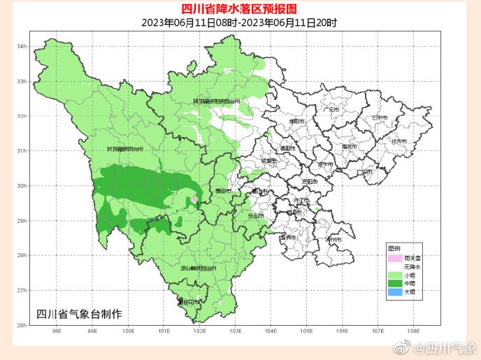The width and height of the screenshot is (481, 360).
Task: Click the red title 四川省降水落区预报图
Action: click(239, 9)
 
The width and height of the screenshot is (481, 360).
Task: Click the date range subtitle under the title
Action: click(239, 22)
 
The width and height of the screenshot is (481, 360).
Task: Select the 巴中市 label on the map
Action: click(380, 117)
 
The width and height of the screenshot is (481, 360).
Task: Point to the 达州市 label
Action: click(399, 141)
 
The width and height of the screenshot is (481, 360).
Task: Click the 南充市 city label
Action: click(349, 147)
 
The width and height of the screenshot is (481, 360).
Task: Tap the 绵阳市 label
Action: click(296, 121)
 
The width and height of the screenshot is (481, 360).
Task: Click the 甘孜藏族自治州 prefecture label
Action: click(125, 149)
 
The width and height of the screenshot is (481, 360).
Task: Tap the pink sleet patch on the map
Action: click(194, 200)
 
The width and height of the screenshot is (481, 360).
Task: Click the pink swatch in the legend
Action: click(396, 258)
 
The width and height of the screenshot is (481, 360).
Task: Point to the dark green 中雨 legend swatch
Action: click(396, 283)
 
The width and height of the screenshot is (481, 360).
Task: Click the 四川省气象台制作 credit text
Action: click(78, 314)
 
